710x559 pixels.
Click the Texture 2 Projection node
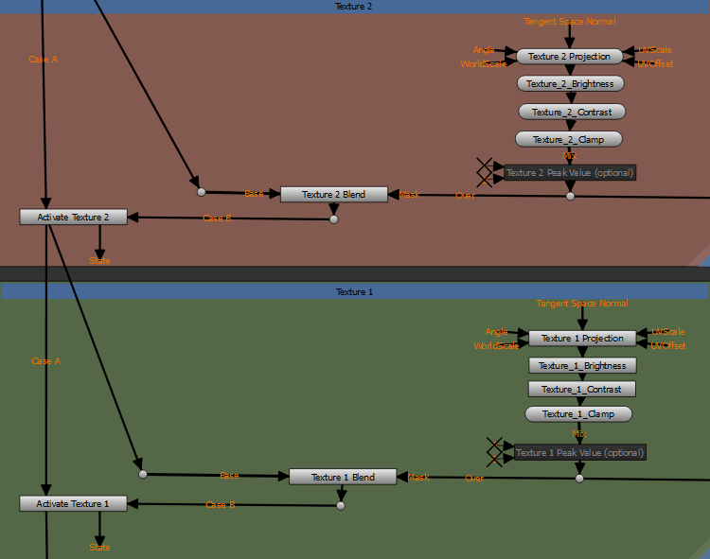click(569, 57)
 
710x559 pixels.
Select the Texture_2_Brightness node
click(570, 84)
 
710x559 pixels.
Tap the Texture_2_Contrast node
click(572, 112)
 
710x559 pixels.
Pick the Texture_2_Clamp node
click(569, 139)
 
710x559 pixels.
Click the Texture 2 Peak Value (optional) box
click(570, 172)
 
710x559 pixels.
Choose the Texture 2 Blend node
click(334, 194)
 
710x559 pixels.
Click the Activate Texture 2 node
click(73, 217)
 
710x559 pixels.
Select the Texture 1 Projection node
click(582, 339)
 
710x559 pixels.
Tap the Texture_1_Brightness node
click(582, 365)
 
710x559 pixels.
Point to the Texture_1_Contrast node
click(582, 389)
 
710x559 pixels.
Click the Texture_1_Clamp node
click(578, 413)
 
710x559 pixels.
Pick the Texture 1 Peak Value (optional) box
click(579, 453)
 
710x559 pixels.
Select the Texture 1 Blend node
click(344, 477)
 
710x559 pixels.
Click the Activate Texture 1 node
click(73, 504)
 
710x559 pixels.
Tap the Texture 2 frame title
click(354, 7)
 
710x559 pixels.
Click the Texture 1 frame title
click(355, 292)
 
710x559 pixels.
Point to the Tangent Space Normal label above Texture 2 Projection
click(570, 21)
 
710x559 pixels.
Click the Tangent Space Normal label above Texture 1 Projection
click(582, 304)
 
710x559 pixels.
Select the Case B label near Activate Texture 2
click(217, 218)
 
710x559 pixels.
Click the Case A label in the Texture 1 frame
click(45, 361)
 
